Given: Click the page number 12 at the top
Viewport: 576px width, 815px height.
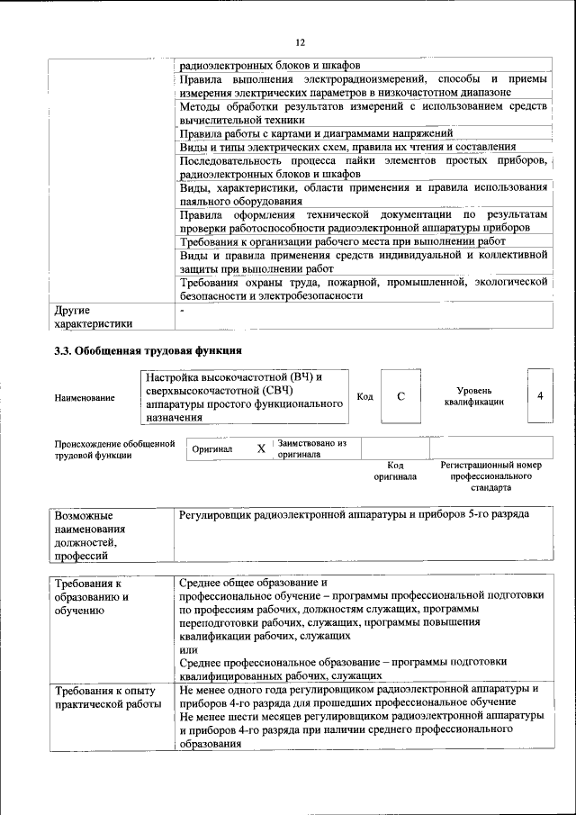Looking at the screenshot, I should pyautogui.click(x=301, y=42).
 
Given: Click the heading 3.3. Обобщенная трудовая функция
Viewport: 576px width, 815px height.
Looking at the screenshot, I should pyautogui.click(x=148, y=350).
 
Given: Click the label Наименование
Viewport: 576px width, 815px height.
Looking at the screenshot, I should pyautogui.click(x=85, y=397).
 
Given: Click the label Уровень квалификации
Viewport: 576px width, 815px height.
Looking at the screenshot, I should pyautogui.click(x=473, y=396).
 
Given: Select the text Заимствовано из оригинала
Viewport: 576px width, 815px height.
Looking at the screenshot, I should pyautogui.click(x=311, y=448).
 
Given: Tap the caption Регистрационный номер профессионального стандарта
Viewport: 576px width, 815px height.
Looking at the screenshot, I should pyautogui.click(x=490, y=476).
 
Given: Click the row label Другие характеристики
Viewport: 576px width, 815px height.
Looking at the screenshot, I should pyautogui.click(x=94, y=317).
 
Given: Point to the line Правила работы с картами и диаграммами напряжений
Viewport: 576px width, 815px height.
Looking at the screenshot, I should pyautogui.click(x=315, y=133).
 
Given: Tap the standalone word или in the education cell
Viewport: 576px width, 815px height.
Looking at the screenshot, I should pyautogui.click(x=189, y=649).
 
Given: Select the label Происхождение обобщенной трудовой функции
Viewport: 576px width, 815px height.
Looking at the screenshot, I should pyautogui.click(x=113, y=448).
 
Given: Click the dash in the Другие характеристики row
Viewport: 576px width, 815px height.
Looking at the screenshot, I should pyautogui.click(x=182, y=311).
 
